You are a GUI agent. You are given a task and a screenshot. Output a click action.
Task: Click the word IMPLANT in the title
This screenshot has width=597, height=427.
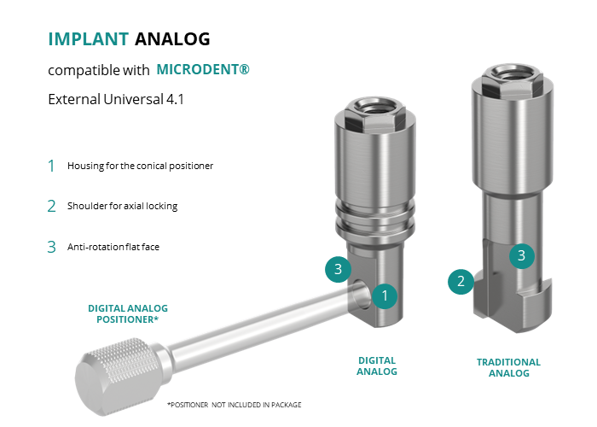click(89, 39)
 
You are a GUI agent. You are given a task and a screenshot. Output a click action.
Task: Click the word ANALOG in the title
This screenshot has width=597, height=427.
click(172, 39)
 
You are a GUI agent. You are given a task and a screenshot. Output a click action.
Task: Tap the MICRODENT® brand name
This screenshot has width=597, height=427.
click(203, 69)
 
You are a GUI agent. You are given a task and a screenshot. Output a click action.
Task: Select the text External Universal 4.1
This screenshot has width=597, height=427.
click(116, 99)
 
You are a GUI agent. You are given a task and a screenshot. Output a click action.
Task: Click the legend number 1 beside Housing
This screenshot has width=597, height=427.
click(51, 166)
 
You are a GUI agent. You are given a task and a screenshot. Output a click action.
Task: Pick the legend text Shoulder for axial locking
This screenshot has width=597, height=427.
click(122, 206)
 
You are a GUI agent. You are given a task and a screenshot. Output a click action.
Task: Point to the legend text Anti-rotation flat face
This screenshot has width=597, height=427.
click(113, 247)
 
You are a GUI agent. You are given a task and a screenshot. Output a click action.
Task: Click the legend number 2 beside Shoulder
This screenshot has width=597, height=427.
click(51, 207)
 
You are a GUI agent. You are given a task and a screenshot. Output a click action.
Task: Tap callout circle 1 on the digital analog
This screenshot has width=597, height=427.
click(385, 295)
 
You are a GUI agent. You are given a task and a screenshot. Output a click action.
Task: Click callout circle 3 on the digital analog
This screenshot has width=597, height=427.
click(338, 269)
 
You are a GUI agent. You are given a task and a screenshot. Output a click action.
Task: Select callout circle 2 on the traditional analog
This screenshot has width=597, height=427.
click(461, 281)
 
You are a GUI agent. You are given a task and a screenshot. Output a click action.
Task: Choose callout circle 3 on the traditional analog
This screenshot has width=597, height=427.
click(522, 255)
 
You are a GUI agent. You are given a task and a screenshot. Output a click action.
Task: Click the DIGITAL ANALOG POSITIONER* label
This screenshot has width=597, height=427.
click(128, 313)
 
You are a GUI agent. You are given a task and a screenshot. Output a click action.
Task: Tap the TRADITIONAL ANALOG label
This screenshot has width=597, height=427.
click(508, 367)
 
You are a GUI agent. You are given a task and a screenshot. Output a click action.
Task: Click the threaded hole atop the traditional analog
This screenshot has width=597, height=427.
click(513, 72)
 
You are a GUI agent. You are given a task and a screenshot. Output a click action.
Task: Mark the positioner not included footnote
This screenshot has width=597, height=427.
click(235, 405)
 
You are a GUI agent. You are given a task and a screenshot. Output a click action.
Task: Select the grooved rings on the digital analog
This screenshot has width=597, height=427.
click(375, 219)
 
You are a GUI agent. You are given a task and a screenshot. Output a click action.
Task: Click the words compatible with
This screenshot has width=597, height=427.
click(99, 70)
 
